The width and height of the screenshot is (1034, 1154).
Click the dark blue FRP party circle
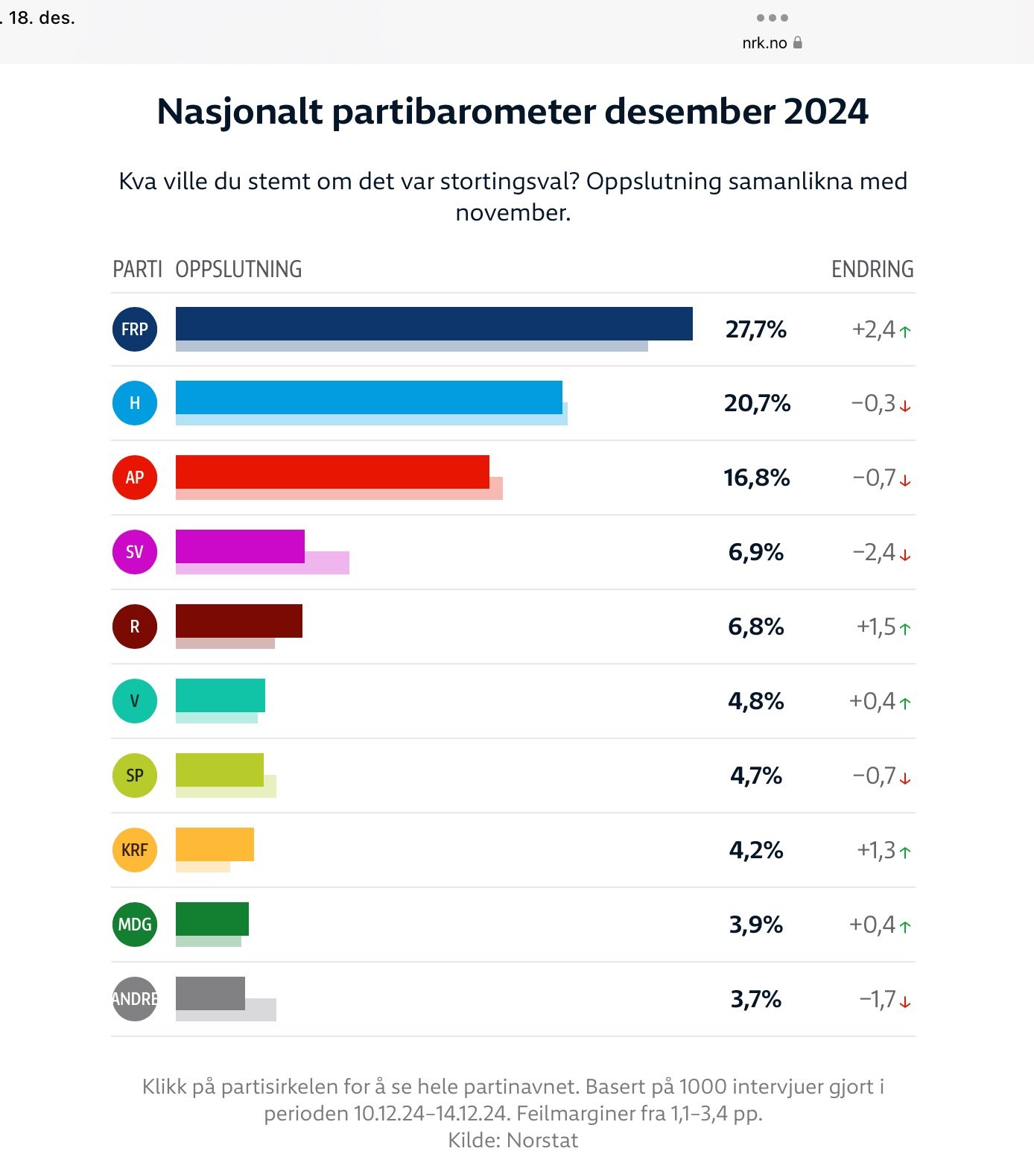[135, 329]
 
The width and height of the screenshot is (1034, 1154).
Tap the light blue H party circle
[135, 403]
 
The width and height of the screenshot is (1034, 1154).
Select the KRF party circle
[135, 850]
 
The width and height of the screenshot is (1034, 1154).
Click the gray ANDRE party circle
[135, 999]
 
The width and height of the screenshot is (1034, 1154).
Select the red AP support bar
[332, 472]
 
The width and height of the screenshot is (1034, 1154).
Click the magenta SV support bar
[240, 546]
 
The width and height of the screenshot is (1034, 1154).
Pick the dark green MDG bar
[212, 919]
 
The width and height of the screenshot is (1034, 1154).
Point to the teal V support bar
[221, 695]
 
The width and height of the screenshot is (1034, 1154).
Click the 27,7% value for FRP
[756, 329]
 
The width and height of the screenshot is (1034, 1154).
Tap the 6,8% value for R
[756, 627]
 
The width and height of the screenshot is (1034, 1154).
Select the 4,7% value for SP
[756, 776]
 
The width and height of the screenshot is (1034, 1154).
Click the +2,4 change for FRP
[874, 329]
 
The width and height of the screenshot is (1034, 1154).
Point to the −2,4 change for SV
[874, 552]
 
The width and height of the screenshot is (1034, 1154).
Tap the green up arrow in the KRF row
[905, 852]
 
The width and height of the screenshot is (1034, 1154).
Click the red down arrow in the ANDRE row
[905, 1001]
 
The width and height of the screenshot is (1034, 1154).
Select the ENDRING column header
[872, 269]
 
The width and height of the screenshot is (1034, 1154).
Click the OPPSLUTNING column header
[238, 269]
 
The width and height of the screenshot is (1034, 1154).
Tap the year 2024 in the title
[825, 112]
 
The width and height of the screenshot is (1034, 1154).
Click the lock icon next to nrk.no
[798, 42]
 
